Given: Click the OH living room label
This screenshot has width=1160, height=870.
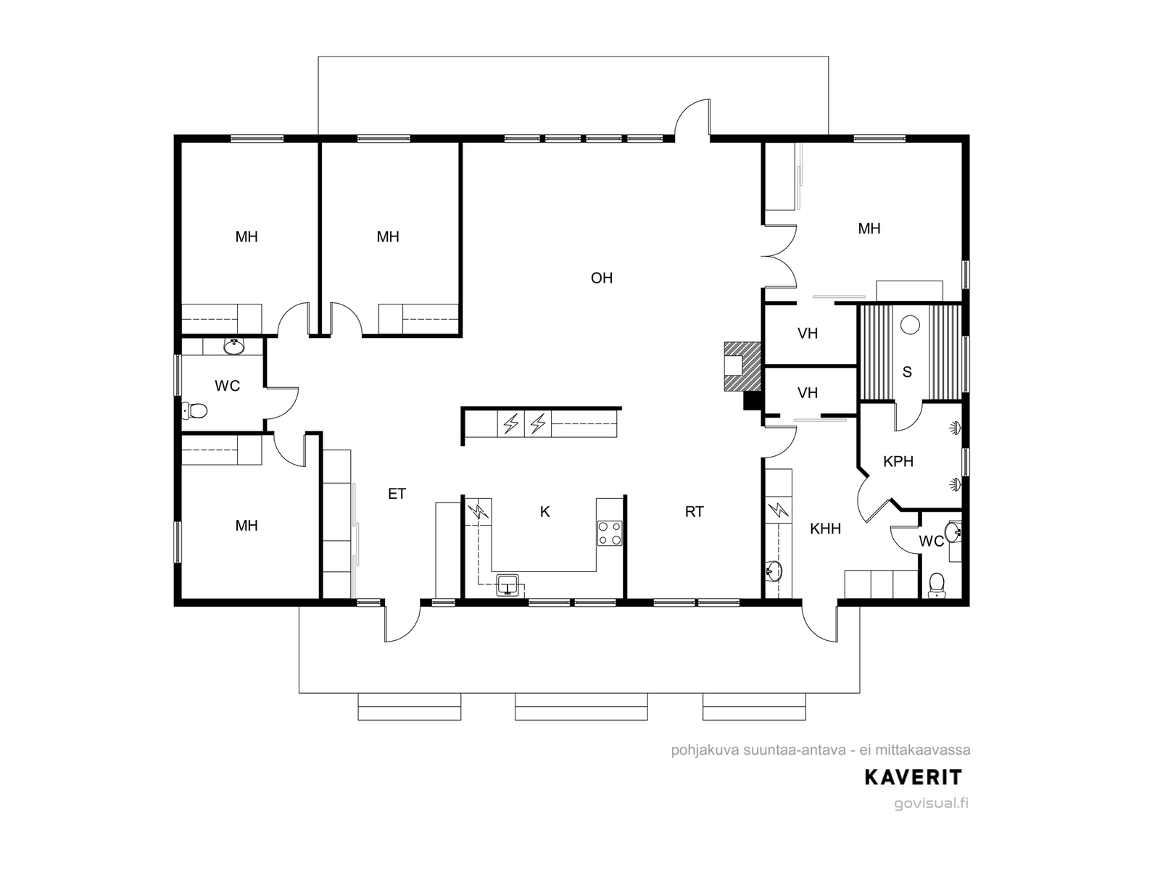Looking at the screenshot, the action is (602, 278).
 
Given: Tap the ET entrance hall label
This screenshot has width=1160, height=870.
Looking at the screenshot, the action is (397, 494).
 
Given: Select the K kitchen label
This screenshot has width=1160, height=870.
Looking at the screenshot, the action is (545, 511).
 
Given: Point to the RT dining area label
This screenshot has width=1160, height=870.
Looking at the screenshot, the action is (695, 511).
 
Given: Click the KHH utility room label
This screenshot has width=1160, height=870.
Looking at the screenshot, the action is (825, 529).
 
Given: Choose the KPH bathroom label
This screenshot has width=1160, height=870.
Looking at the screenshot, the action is (898, 461).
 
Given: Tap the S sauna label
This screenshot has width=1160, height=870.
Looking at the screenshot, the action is (907, 372).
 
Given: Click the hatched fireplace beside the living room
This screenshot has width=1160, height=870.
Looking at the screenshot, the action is (742, 366).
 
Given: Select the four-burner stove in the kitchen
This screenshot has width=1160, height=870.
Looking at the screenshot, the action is (610, 533).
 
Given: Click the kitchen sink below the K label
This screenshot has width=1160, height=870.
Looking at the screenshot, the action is (508, 586).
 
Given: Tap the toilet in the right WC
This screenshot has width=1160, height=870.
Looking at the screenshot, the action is (937, 586).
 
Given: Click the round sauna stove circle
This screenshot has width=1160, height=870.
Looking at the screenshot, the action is (910, 324).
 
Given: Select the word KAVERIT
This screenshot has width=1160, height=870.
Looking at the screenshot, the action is (913, 777).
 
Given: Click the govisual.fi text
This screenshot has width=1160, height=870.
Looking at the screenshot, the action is (931, 803).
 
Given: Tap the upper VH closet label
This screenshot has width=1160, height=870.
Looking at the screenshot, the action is (808, 333).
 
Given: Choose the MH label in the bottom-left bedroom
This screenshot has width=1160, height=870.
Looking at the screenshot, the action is (246, 526).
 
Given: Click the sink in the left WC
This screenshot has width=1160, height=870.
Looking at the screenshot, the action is (233, 347).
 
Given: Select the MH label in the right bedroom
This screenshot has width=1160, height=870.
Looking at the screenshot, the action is (869, 228).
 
